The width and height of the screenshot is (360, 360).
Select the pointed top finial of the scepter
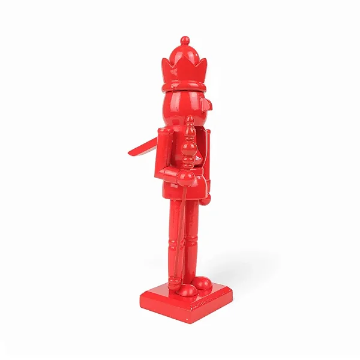point(191,123)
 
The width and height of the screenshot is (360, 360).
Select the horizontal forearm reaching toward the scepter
point(171,174)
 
